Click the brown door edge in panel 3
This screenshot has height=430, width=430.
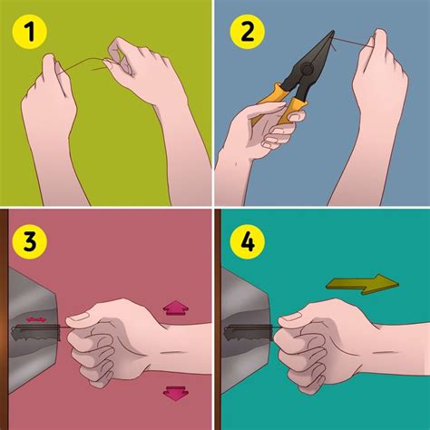[x=5, y=327]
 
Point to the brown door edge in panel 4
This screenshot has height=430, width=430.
[x=220, y=327]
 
